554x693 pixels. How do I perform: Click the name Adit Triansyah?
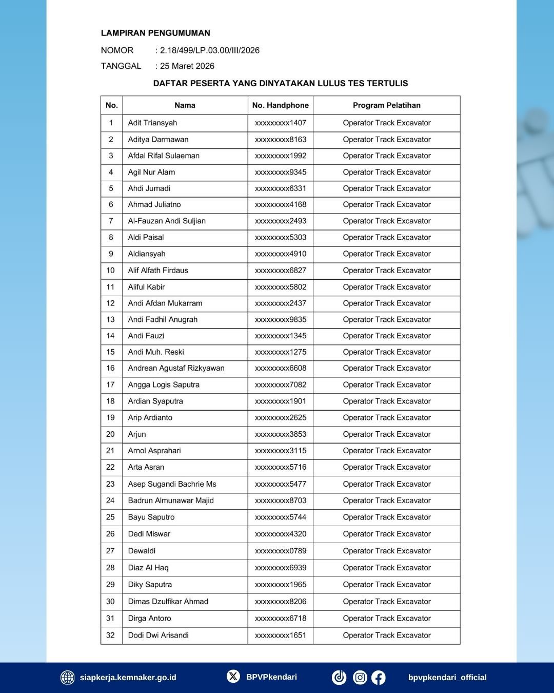(152, 123)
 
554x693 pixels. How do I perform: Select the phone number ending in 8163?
(281, 139)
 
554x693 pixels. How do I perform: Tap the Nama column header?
(185, 105)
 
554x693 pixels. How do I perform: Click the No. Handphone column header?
(281, 105)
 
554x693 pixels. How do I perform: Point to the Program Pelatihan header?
(386, 105)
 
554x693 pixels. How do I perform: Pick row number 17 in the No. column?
(111, 384)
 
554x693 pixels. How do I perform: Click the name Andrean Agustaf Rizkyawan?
(176, 368)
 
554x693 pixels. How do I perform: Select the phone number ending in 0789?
(281, 551)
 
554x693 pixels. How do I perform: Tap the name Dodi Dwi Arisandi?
(158, 635)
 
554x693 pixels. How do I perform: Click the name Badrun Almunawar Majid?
(171, 500)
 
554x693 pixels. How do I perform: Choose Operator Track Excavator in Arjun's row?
(387, 434)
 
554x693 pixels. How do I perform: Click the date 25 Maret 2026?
(187, 66)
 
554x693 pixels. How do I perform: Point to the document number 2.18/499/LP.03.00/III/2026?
(210, 50)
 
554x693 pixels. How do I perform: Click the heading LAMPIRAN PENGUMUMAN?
(155, 33)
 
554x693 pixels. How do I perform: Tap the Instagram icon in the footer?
(360, 678)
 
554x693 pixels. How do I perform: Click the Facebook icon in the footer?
(379, 678)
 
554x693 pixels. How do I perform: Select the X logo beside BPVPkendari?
(233, 677)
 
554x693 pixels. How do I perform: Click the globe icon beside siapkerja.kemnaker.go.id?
(68, 678)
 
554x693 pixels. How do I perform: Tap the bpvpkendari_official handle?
(447, 678)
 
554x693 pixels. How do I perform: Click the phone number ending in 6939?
(281, 568)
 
